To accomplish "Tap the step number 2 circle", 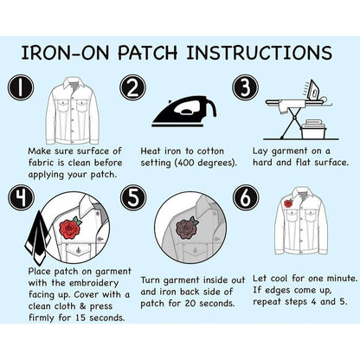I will tap(132, 88).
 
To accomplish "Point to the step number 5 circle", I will tap(132, 197).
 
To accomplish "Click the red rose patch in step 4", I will tap(70, 228).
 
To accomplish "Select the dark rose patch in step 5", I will tap(183, 228).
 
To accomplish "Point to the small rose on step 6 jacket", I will tap(289, 204).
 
